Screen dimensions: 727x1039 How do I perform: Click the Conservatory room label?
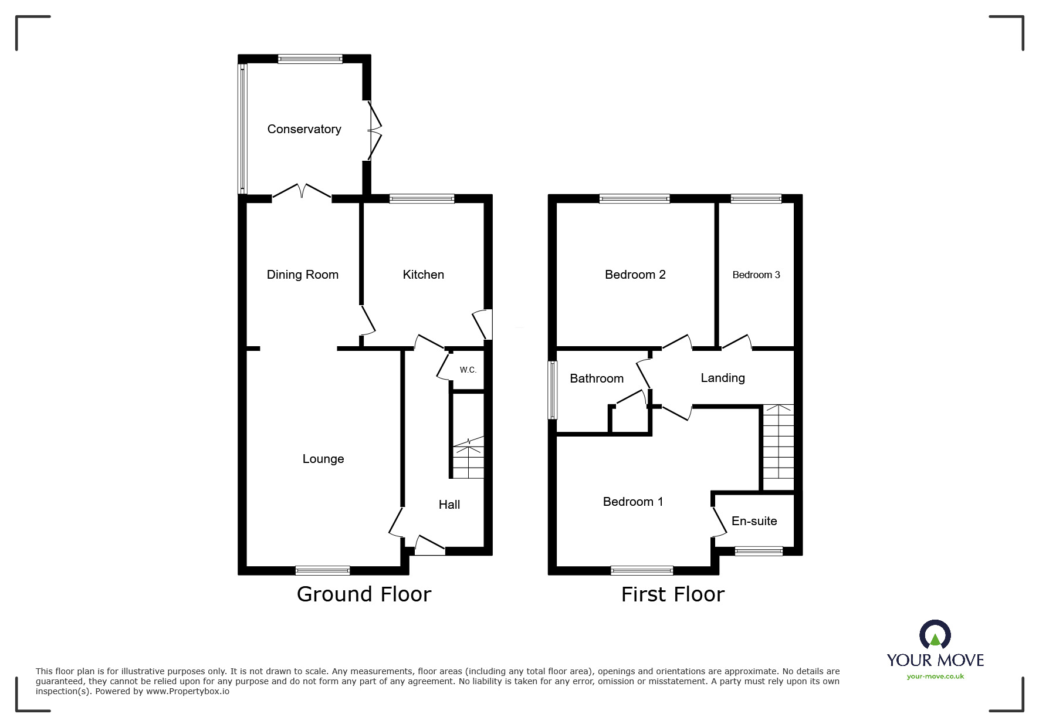(x=304, y=129)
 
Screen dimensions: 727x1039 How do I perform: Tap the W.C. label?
(x=468, y=370)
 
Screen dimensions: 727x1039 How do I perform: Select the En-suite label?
(x=754, y=521)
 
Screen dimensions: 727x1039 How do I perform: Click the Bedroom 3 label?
(x=756, y=275)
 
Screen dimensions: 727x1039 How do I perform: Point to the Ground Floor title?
(x=364, y=594)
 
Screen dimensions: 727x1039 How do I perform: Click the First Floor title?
(x=672, y=594)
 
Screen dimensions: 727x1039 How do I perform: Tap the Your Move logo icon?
(x=935, y=635)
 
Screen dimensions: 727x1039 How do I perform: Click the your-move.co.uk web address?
(x=935, y=677)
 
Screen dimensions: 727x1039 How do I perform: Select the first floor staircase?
(x=778, y=447)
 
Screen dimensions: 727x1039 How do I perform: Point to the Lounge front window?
(x=323, y=570)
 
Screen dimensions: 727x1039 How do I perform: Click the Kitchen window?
(x=421, y=199)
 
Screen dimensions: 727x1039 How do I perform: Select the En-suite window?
(x=759, y=551)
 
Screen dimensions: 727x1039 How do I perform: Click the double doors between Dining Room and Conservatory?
(x=302, y=192)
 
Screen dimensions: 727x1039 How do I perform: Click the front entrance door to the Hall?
(x=430, y=546)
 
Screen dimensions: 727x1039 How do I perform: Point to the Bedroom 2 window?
(x=634, y=199)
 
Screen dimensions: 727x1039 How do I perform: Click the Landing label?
(x=722, y=378)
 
